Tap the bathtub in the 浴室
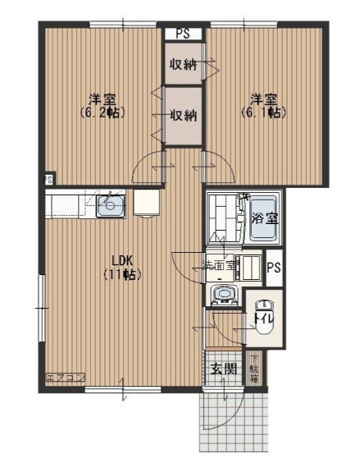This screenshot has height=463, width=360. (x=263, y=218)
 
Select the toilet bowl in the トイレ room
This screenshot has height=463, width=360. (x=263, y=322)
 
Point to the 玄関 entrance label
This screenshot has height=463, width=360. (x=222, y=369)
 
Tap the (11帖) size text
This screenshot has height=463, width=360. (x=120, y=275)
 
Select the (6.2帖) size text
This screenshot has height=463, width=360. (x=103, y=112)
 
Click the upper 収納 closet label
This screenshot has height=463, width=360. (x=183, y=66)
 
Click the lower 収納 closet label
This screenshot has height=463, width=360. (x=183, y=115)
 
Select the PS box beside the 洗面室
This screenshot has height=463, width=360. (x=274, y=268)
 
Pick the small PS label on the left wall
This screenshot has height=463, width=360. (x=48, y=179)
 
